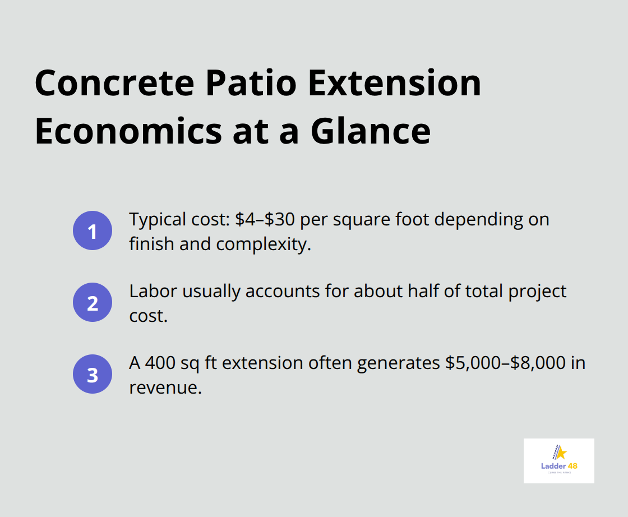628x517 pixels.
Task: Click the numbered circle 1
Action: click(x=93, y=230)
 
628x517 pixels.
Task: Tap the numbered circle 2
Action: click(x=93, y=302)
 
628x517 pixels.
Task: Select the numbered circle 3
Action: click(x=93, y=374)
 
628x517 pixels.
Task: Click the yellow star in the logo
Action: click(x=561, y=453)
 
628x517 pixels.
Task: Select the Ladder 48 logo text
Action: click(x=558, y=467)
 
